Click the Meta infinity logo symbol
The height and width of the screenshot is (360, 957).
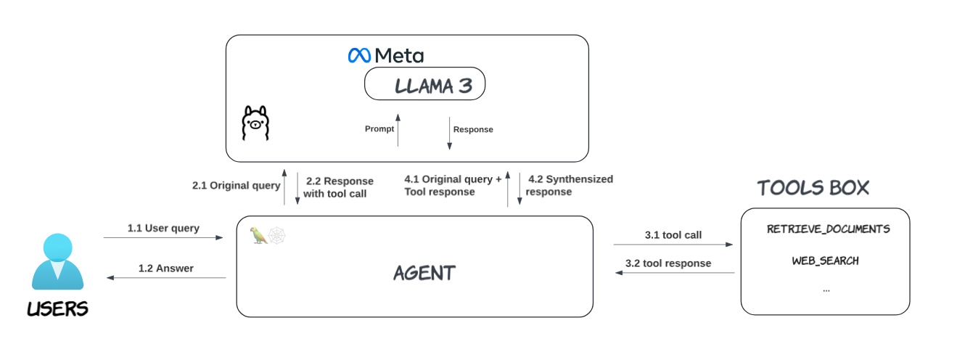point(359,56)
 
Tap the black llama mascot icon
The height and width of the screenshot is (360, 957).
point(255,123)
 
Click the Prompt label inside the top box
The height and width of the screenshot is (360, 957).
point(379,128)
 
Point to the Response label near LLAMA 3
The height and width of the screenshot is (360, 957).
point(473,129)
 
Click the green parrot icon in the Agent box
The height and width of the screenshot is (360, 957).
point(258,235)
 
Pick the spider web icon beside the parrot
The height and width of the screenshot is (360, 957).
point(277,236)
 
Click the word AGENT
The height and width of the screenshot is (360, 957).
point(424,273)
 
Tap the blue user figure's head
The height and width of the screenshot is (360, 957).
point(57,247)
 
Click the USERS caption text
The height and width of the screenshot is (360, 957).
point(57,308)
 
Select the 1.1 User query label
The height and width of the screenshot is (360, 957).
point(163,228)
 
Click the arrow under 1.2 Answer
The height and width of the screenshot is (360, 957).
point(166,278)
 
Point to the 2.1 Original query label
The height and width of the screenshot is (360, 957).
point(237,186)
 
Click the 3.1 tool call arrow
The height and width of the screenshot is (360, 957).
point(673,245)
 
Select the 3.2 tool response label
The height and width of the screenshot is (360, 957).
point(668,263)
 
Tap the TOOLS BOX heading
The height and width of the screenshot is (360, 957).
point(813,188)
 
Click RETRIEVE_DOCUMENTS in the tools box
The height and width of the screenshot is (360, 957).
point(828,229)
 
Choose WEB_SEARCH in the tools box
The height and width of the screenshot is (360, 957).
point(825,261)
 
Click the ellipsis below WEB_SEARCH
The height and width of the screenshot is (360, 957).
point(826,291)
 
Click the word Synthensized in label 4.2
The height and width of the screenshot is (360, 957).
point(579,179)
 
